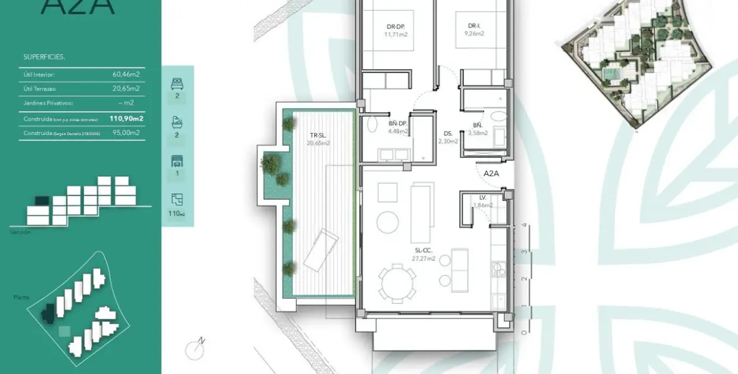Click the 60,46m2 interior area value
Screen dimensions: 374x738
(x=126, y=74)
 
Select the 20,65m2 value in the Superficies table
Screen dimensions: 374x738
(x=126, y=88)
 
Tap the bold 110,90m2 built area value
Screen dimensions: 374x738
(x=126, y=118)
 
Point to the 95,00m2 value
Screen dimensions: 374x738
(x=126, y=132)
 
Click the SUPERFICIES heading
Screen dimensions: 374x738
(x=44, y=57)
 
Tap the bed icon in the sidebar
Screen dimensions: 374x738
(x=177, y=83)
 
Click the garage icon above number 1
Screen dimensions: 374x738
(x=177, y=160)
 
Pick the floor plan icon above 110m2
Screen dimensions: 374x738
(x=177, y=200)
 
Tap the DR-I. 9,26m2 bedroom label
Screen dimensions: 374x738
(x=474, y=29)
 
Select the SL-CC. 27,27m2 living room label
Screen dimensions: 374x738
(x=423, y=255)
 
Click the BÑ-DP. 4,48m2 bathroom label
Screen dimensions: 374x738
(x=398, y=127)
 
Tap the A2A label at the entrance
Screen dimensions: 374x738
(x=492, y=173)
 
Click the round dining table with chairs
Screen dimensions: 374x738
(x=397, y=283)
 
